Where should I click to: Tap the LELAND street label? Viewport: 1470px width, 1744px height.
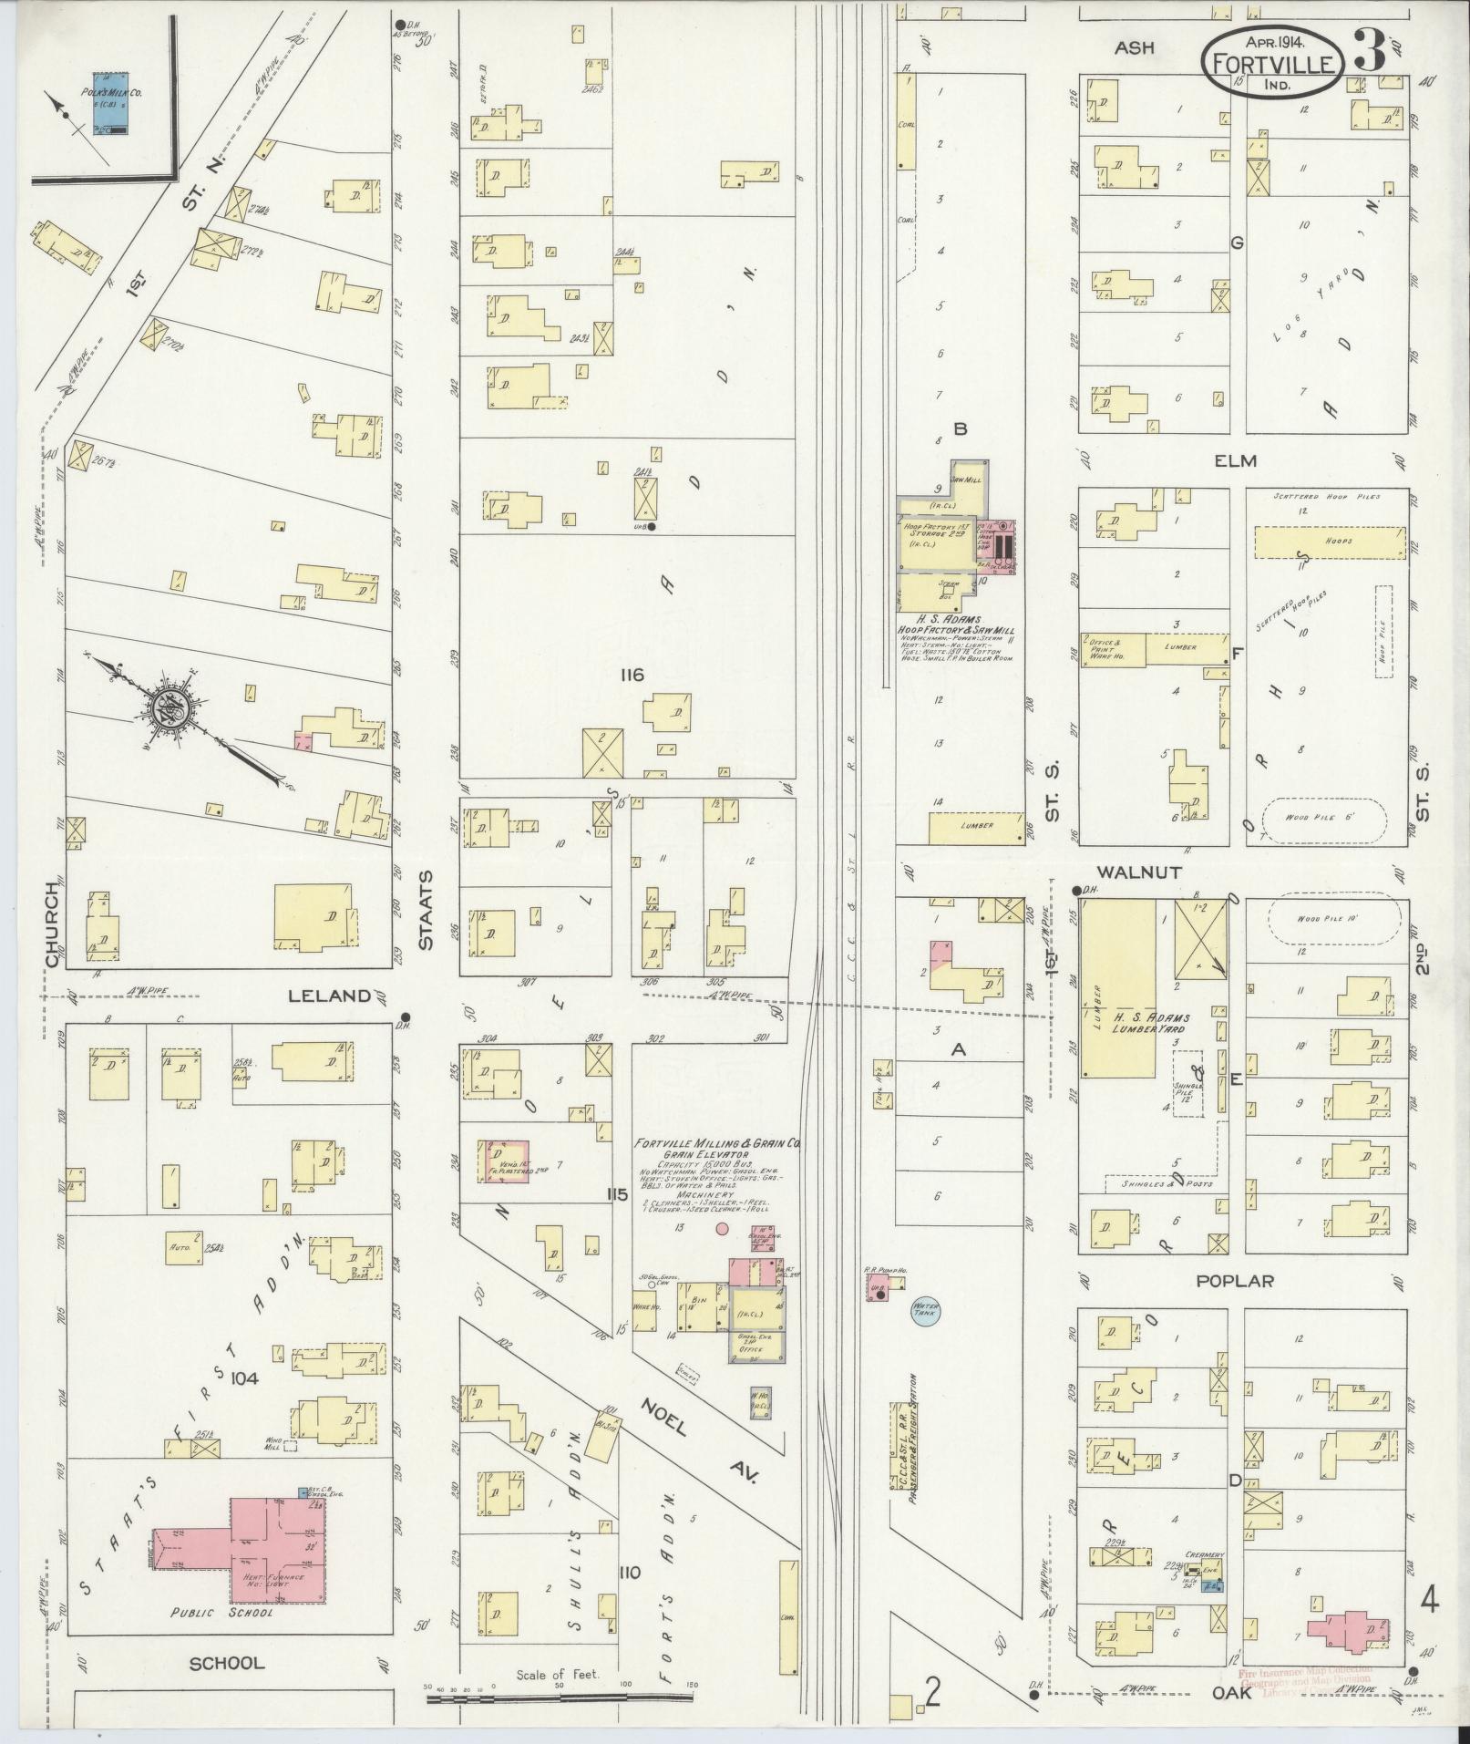click(330, 996)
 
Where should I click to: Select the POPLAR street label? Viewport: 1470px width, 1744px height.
click(1236, 1281)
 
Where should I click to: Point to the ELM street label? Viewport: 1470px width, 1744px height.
click(1235, 461)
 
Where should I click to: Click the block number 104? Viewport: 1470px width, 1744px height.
click(245, 1379)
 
